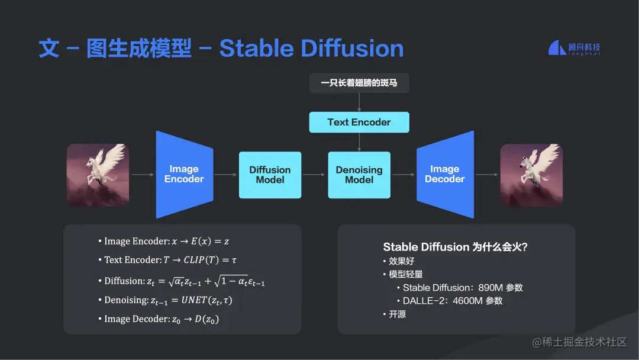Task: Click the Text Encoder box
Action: [x=359, y=123]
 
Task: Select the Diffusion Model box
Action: [x=270, y=175]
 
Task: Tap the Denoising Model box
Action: [x=359, y=175]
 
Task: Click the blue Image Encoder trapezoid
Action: [x=184, y=175]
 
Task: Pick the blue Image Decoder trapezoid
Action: [x=445, y=175]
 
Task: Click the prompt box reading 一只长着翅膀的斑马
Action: [x=359, y=83]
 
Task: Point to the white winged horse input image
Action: [x=98, y=175]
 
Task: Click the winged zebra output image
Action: [x=531, y=175]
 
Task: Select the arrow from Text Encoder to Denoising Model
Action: [x=359, y=142]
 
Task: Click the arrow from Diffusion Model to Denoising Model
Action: [x=314, y=175]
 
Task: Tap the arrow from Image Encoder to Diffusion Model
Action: [x=225, y=175]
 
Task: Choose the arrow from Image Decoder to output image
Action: [x=486, y=175]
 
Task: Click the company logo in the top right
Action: [x=574, y=49]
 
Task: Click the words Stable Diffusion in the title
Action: [x=311, y=49]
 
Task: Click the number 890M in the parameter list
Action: [x=490, y=288]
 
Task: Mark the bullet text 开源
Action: [x=398, y=314]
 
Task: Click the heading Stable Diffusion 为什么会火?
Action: [x=455, y=247]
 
